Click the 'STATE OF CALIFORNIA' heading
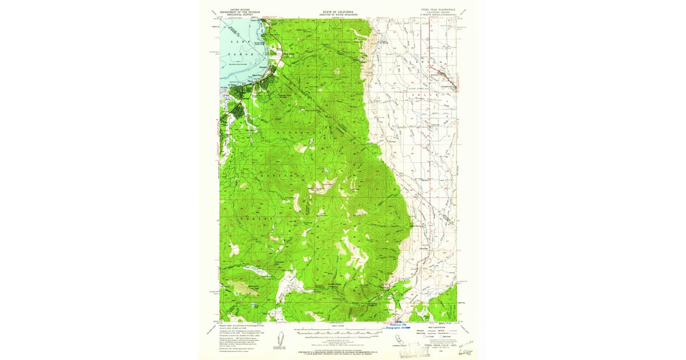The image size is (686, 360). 339,11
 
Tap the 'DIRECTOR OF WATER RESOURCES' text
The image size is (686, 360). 339,14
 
